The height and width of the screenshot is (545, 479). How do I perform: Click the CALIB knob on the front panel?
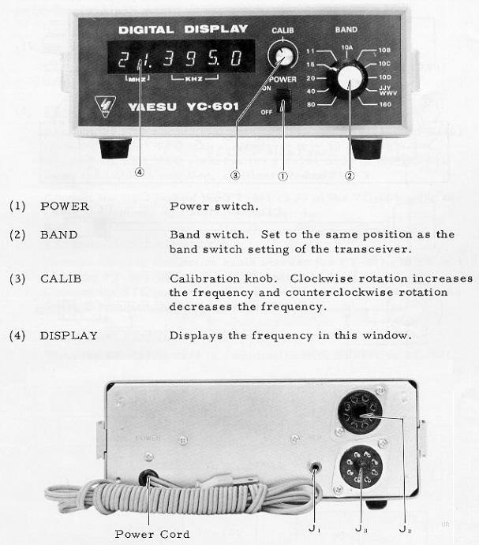pos(280,55)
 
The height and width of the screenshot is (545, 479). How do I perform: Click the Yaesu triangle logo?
pos(106,106)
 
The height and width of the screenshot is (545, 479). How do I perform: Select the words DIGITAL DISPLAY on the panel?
pos(183,29)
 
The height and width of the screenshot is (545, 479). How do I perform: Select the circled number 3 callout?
pos(234,175)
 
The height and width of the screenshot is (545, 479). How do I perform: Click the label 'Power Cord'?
pos(152,534)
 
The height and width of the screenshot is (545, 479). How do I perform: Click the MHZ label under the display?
pos(137,80)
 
